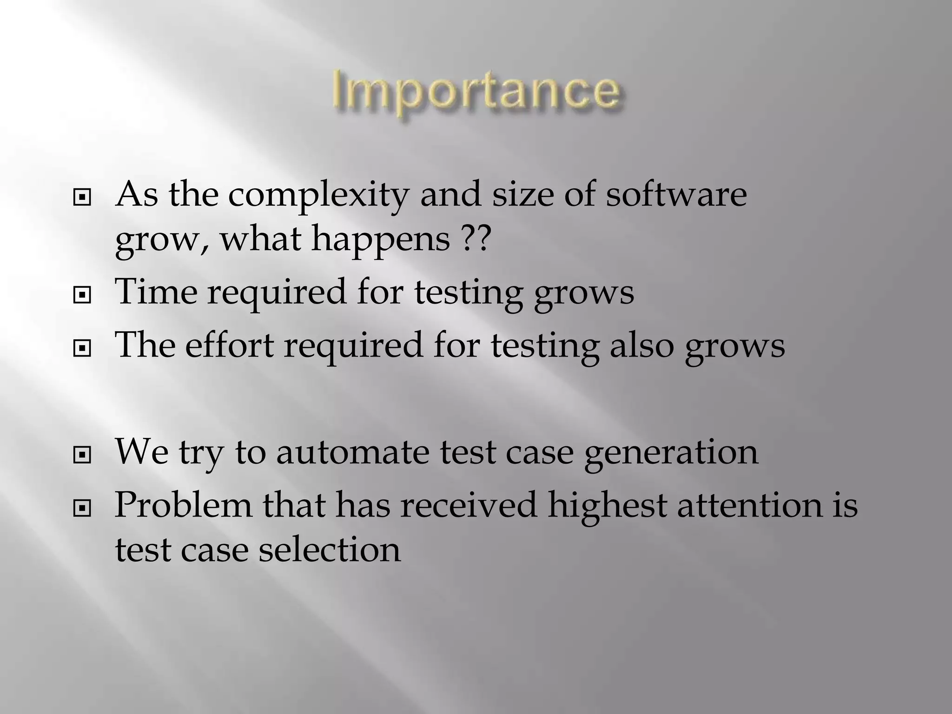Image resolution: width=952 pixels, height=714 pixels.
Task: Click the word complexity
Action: [318, 195]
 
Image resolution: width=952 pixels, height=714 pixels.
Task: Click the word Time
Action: [156, 291]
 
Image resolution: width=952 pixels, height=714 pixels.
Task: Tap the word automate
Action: [352, 452]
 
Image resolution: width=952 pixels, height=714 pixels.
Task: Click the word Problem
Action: [183, 505]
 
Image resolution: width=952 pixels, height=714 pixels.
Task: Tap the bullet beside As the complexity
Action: [82, 198]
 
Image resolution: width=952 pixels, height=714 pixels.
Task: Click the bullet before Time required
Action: [82, 295]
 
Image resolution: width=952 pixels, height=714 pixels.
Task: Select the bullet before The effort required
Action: [82, 349]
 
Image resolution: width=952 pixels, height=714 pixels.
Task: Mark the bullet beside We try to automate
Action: [82, 456]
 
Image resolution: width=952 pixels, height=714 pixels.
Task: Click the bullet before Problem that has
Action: [82, 509]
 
